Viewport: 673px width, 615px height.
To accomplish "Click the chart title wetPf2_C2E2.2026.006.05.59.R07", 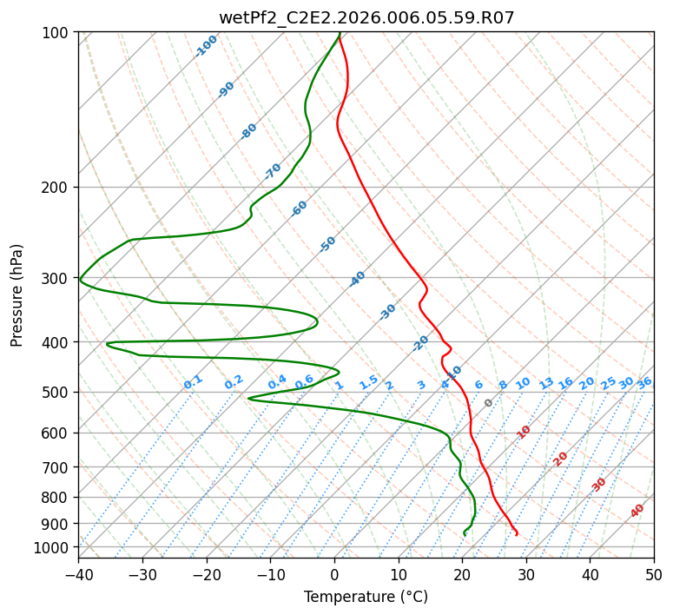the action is (366, 18).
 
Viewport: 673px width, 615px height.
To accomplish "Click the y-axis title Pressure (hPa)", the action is (16, 295).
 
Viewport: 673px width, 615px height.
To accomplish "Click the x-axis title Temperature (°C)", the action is (366, 597).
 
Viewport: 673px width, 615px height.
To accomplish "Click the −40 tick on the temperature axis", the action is (78, 574).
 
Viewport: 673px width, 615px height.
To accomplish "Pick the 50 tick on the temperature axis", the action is (654, 574).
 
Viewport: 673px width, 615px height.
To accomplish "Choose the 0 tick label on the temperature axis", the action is (334, 574).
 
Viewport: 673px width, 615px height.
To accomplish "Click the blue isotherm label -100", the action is (206, 46).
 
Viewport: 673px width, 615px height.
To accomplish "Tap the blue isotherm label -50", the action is (327, 244).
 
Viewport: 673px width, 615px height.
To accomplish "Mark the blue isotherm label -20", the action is (420, 343).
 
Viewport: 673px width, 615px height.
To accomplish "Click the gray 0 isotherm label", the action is (488, 403).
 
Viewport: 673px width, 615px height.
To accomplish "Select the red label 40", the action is (637, 511).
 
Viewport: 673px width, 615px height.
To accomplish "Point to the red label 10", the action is (524, 433).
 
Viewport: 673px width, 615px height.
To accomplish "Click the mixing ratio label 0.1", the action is (193, 382).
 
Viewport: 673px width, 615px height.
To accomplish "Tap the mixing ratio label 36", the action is (644, 383).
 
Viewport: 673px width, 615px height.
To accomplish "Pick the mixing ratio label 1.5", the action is (369, 382).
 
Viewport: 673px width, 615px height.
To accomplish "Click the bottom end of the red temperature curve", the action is (517, 535).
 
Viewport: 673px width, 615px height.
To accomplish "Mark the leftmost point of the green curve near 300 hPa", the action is (80, 280).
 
